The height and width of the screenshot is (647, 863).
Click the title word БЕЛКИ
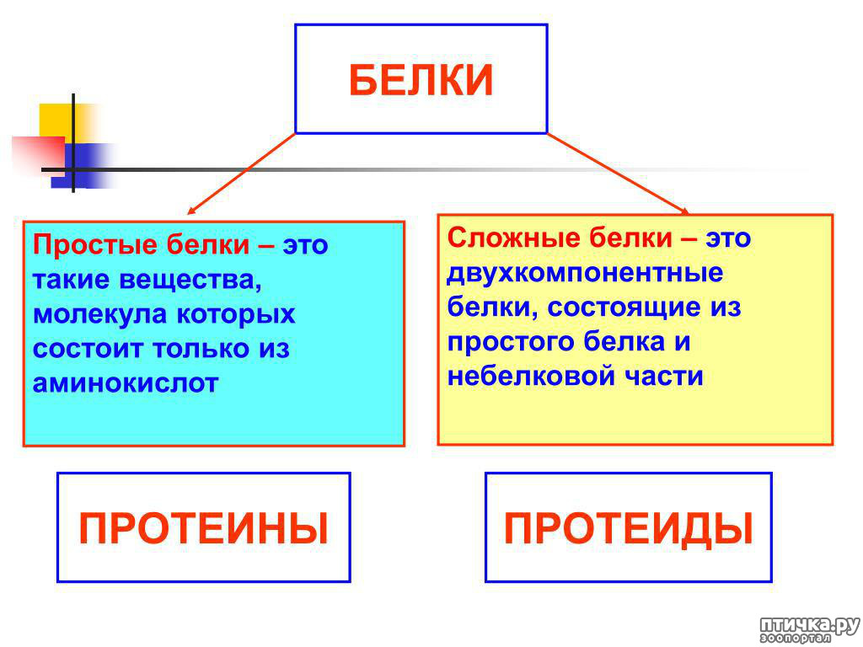tap(421, 80)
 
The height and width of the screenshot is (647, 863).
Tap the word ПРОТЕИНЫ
tap(204, 528)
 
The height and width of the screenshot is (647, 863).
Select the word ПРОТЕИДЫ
tap(629, 529)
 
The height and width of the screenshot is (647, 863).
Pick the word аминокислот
tap(126, 383)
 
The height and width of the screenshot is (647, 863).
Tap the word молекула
tap(99, 314)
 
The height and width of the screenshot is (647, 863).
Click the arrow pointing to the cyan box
tap(241, 174)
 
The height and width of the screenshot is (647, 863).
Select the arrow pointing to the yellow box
tap(618, 174)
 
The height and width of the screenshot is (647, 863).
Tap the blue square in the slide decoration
tap(83, 165)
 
